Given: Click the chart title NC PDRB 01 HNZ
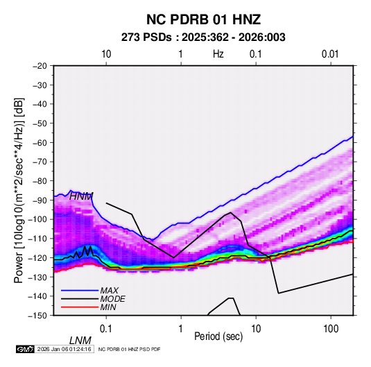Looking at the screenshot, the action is point(203,19).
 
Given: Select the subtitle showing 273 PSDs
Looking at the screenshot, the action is point(203,37).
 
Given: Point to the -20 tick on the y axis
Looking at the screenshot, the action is point(40,66).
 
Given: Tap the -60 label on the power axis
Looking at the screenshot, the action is point(40,142).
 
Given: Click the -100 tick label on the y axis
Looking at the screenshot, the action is point(37,219).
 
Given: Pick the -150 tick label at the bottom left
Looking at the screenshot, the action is point(37,316).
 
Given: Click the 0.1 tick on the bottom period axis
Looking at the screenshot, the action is point(106,329).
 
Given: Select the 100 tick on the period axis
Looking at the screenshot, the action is point(331,329).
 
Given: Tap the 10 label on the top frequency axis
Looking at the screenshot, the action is point(106,54).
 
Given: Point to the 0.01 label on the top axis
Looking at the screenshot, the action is point(330,54).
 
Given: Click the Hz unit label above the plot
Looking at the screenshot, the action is point(218,54).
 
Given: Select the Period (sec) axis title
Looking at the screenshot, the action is point(218,336).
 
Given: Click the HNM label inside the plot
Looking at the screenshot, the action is point(81,196).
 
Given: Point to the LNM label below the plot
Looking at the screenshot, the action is point(80,341).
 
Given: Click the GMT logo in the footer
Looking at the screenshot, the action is point(25,349).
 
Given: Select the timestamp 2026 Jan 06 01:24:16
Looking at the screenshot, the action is point(64,349).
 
